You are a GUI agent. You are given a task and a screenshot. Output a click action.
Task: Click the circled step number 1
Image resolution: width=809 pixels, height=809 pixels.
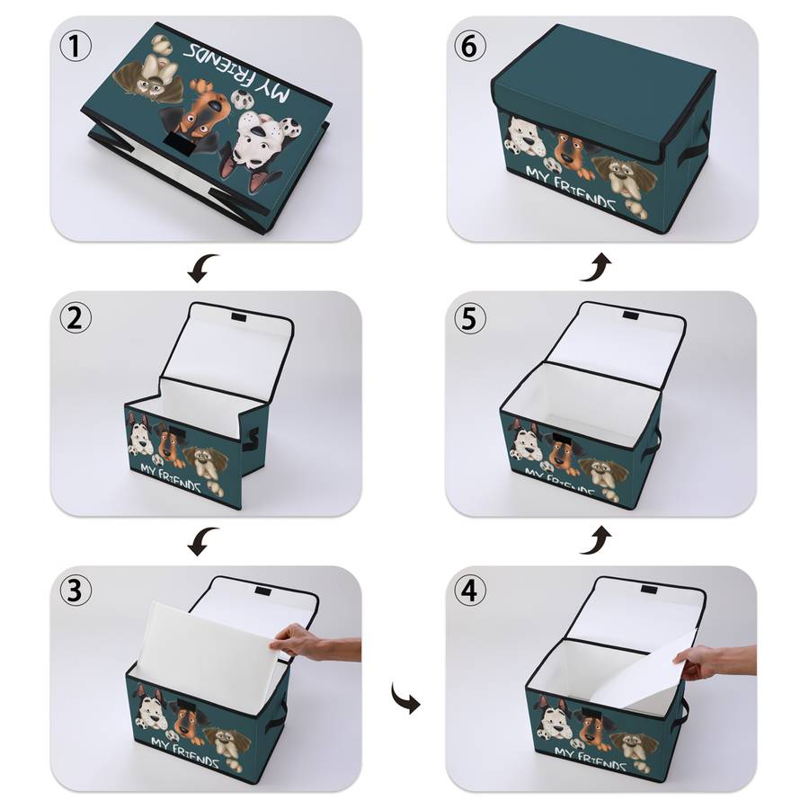(x=76, y=47)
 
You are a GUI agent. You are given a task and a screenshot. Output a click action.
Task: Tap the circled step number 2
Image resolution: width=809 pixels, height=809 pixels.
(x=76, y=318)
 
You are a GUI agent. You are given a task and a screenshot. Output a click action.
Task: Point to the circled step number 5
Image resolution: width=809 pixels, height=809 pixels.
(x=470, y=318)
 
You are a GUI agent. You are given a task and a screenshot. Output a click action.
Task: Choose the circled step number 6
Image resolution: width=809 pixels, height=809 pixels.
(x=470, y=47)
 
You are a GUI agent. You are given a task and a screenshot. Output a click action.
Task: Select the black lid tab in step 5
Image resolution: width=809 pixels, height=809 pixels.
(x=630, y=316)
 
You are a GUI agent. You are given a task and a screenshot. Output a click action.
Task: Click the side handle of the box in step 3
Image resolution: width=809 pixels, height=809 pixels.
(x=276, y=717)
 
